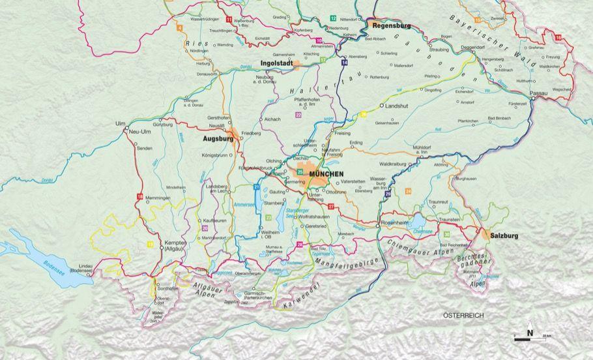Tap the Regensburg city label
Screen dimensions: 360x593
[391, 25]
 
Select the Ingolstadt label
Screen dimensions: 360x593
[276, 63]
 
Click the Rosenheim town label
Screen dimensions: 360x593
[395, 223]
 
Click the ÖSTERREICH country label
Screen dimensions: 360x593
[463, 316]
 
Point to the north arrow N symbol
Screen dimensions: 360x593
[530, 335]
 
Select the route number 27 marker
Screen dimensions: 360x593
[331, 206]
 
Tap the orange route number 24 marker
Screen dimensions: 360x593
[408, 190]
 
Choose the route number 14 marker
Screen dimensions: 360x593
[344, 62]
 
